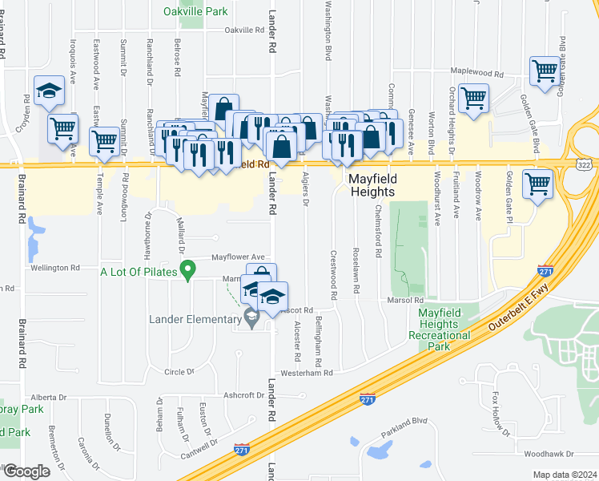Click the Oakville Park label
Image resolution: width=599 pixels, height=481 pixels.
[x=195, y=11]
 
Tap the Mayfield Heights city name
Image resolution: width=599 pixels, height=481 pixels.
[x=372, y=186]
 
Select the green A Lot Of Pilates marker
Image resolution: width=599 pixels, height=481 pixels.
[x=188, y=273]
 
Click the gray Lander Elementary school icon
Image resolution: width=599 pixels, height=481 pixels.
[x=251, y=319]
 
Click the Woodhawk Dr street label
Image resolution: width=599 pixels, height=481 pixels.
[x=547, y=454]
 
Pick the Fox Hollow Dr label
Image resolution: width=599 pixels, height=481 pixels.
[x=501, y=414]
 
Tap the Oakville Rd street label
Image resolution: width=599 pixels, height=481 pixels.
[x=244, y=30]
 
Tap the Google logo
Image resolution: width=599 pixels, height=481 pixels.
[x=26, y=471]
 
